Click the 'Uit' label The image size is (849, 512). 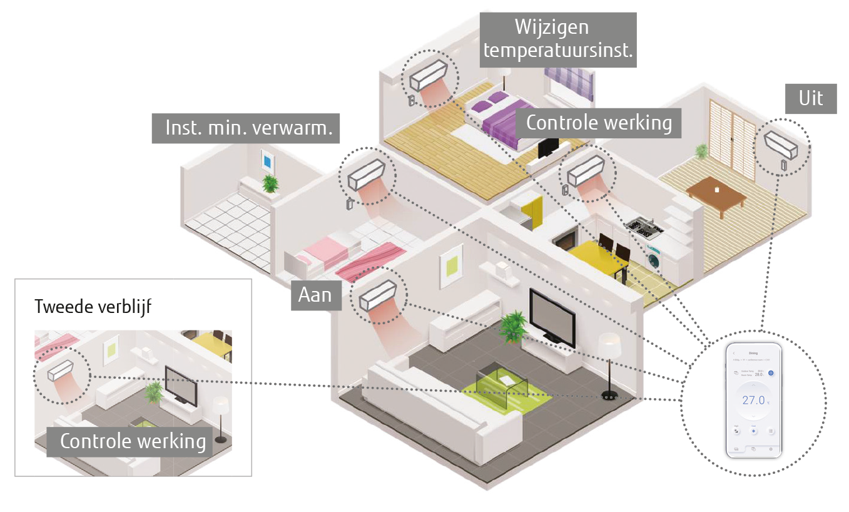tap(811, 99)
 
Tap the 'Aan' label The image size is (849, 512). tap(315, 294)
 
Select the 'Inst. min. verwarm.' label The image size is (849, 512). tap(249, 128)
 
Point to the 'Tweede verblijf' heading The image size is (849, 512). tap(93, 307)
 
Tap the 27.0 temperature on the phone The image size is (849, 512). tap(754, 401)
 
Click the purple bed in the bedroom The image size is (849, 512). tap(494, 119)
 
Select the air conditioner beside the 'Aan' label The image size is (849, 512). tap(378, 296)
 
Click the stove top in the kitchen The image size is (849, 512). tap(643, 227)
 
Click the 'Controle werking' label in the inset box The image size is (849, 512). tap(133, 441)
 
